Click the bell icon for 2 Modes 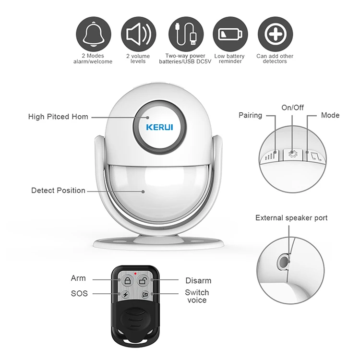click(x=93, y=34)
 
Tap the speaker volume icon click(x=138, y=34)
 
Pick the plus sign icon click(x=275, y=34)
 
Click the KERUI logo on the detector click(x=159, y=127)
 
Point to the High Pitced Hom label click(x=58, y=117)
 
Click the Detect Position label click(x=58, y=191)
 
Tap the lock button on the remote click(x=127, y=281)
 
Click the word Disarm click(x=198, y=281)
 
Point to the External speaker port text click(x=291, y=218)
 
